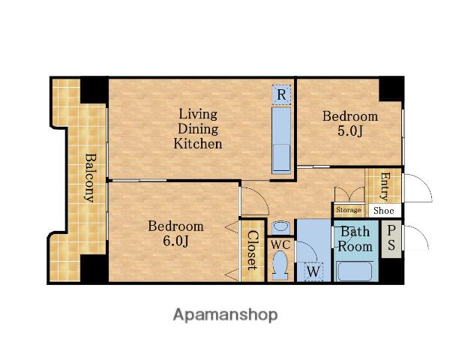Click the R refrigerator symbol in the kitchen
click(281, 94)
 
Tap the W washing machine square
click(313, 271)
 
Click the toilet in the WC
click(280, 265)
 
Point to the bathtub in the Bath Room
click(355, 271)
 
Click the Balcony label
click(91, 178)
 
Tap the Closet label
click(253, 250)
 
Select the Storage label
click(349, 210)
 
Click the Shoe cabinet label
click(384, 211)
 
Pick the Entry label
click(385, 186)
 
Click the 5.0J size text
click(350, 131)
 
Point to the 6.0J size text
click(176, 241)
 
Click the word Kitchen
click(198, 143)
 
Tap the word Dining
click(198, 129)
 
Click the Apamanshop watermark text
click(225, 315)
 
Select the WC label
click(280, 245)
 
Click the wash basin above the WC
click(280, 227)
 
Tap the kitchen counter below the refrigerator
click(281, 140)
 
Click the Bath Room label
click(355, 239)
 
